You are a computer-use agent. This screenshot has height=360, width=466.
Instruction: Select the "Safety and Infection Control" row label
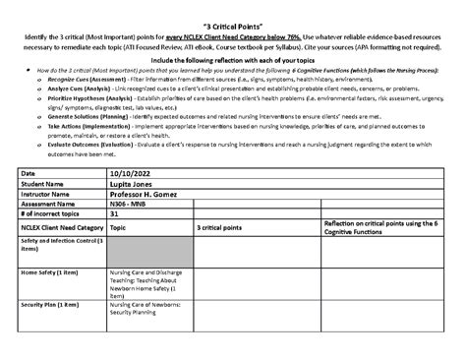(x=62, y=270)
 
